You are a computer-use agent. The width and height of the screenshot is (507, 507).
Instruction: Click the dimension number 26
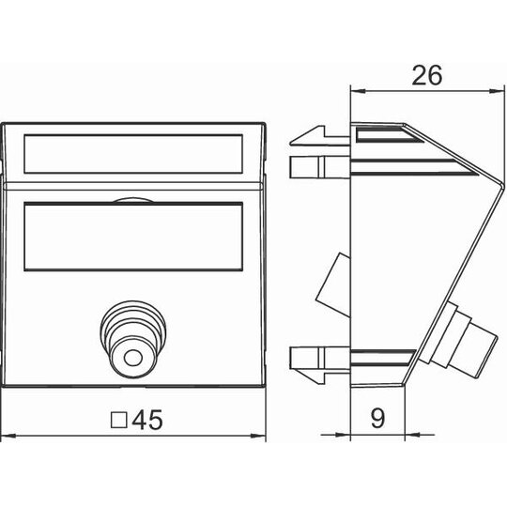coord(427,75)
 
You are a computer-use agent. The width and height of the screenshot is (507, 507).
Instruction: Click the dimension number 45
coord(147,420)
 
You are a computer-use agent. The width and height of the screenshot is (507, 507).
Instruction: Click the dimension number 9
coord(377,418)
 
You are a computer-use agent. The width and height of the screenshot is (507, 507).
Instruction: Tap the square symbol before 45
coord(118,420)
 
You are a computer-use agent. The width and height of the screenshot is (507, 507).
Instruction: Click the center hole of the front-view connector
coord(133,359)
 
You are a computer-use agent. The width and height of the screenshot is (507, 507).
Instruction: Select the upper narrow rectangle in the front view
coord(133,154)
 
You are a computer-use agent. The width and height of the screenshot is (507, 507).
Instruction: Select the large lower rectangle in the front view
coord(133,237)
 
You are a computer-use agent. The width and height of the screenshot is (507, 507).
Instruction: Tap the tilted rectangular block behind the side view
coord(333,284)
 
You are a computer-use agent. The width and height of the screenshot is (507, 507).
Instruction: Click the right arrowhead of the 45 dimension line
coord(258,436)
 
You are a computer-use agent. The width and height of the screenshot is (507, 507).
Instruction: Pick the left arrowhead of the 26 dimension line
coord(358,91)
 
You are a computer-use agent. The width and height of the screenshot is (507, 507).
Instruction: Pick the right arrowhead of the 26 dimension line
coord(498,91)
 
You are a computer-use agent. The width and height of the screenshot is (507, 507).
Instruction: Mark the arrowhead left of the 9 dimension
coord(343,435)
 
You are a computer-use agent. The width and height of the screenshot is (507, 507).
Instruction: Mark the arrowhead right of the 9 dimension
coord(412,435)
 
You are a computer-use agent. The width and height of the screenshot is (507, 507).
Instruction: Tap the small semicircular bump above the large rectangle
coord(133,201)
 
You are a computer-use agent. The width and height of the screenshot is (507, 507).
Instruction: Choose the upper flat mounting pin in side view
coord(320,167)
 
